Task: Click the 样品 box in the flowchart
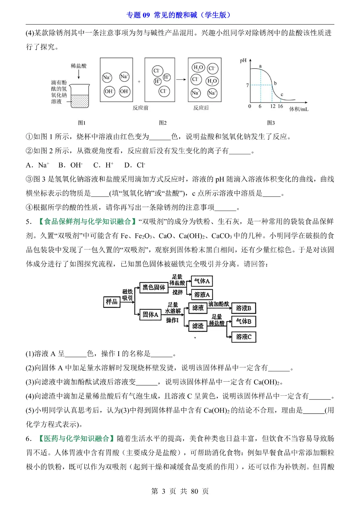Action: [x=112, y=302]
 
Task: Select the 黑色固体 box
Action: [x=154, y=287]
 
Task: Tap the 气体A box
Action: [x=202, y=281]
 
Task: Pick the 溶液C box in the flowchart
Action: [x=244, y=337]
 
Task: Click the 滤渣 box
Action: [x=198, y=326]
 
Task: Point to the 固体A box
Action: [x=150, y=314]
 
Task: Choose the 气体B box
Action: [x=244, y=321]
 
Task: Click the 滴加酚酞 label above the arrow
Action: [x=219, y=304]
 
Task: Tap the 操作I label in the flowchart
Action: [x=172, y=320]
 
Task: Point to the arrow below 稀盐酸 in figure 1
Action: [x=79, y=75]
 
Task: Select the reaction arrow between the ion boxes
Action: [x=181, y=80]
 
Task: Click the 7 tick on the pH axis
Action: [x=247, y=85]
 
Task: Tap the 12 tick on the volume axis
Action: [x=273, y=106]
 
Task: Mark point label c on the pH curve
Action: [x=282, y=95]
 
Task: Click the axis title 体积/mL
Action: [x=299, y=109]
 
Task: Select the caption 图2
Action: [x=163, y=123]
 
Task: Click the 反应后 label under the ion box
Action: [x=201, y=108]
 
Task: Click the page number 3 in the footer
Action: [x=163, y=491]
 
